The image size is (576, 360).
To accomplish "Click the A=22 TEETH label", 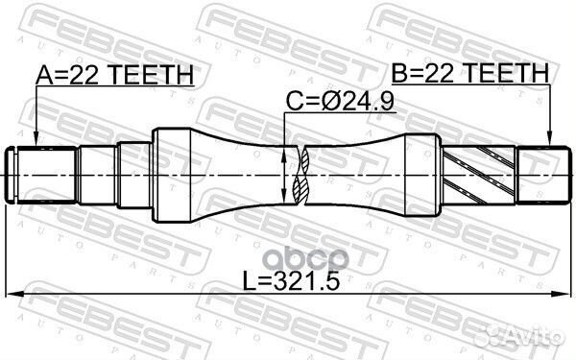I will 114,73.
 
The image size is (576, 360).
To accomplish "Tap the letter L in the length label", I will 252,283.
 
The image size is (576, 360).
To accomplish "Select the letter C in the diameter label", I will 295,100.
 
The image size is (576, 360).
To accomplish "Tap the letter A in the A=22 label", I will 42,73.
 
